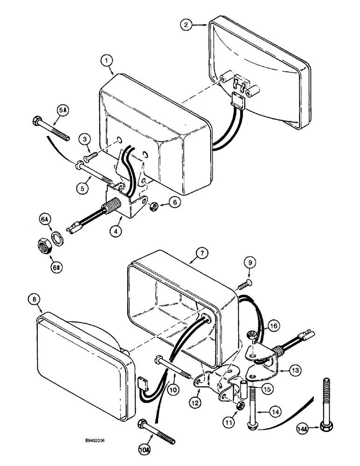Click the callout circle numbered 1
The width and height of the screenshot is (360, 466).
pos(107,60)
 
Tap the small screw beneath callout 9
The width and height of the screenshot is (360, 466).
pos(243,282)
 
